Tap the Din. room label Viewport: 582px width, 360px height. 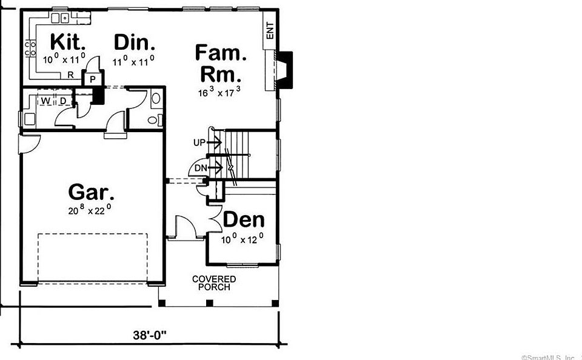[135, 42]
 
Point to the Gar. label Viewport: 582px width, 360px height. [92, 192]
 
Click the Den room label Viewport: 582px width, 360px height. [244, 220]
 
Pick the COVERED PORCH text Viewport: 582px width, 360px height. [214, 283]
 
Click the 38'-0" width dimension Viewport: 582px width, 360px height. [149, 333]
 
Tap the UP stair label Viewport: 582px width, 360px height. [199, 143]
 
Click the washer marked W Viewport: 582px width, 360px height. [45, 100]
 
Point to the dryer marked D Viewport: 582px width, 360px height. [62, 100]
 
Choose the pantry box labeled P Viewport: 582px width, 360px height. [93, 79]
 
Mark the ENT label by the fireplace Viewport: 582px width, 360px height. [270, 30]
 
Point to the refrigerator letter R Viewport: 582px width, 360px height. [70, 75]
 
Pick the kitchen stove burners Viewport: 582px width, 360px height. [28, 49]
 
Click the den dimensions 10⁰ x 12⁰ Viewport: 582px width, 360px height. [242, 239]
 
